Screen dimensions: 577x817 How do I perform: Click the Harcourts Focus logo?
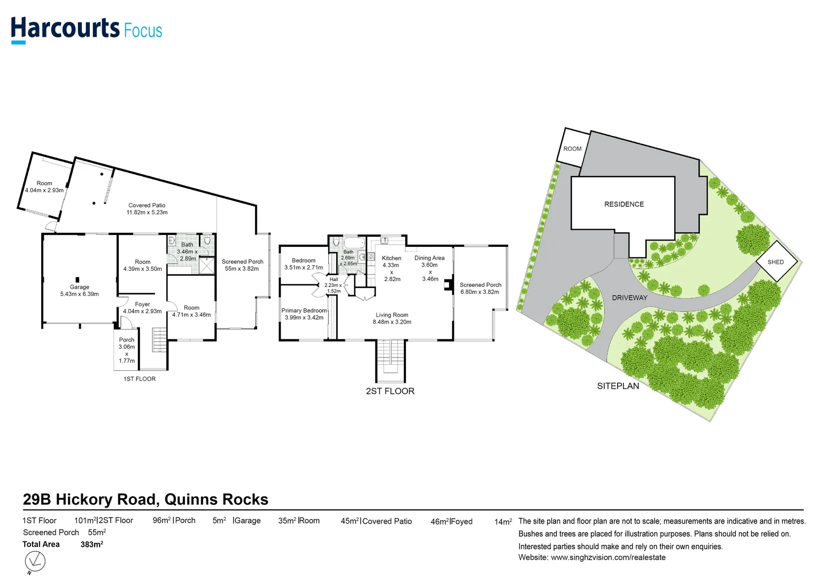pos(86,29)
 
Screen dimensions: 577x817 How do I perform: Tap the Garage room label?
pos(79,287)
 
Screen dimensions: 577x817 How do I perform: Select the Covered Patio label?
pos(147,205)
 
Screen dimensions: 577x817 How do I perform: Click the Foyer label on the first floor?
pos(142,305)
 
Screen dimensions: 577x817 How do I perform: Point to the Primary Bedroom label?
pos(304,310)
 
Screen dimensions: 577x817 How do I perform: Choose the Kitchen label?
pos(391,258)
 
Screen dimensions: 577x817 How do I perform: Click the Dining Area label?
pos(429,258)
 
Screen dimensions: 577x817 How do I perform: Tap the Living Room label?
pos(392,315)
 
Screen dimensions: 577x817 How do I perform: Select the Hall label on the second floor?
pos(334,279)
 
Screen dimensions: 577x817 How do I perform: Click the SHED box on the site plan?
pos(776,262)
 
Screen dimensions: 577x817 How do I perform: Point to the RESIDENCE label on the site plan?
pos(624,204)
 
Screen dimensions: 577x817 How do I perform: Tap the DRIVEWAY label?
pos(629,298)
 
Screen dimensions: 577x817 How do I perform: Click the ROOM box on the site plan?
pos(572,149)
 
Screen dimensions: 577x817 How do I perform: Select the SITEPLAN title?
pos(618,386)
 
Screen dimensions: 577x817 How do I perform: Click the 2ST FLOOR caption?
pos(390,391)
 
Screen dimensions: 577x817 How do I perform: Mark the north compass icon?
pos(35,562)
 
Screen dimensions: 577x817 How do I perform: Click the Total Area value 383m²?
pos(91,544)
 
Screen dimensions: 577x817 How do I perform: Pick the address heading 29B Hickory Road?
pos(145,500)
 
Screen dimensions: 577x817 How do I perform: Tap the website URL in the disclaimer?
pos(608,557)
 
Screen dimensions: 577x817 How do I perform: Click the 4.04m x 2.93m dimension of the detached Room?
pos(44,190)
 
